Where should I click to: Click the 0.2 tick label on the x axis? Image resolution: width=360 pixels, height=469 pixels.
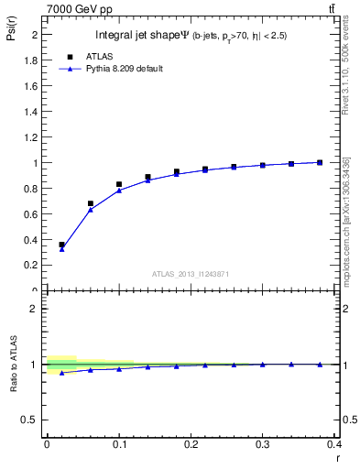point(191,444)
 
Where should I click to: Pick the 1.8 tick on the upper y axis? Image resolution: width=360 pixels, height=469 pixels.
point(32,60)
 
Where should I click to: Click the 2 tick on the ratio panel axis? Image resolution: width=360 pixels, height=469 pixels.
point(36,309)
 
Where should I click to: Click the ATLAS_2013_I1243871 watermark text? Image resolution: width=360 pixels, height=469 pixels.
point(190,274)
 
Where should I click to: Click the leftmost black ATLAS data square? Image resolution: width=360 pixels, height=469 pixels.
point(61,245)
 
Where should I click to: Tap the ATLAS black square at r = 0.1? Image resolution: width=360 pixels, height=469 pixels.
point(119,184)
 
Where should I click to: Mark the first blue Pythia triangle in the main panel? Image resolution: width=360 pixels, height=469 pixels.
point(61,249)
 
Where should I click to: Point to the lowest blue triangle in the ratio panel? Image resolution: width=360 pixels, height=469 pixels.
point(61,373)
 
